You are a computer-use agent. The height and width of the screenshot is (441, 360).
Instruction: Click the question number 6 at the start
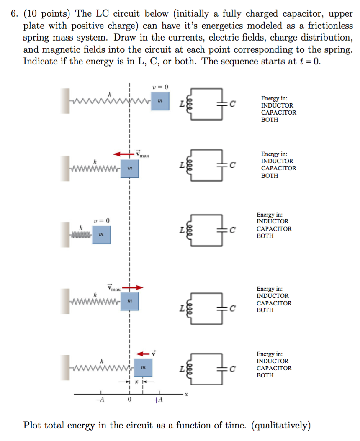(x=14, y=14)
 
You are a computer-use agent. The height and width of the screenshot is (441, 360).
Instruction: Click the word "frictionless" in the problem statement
(x=330, y=26)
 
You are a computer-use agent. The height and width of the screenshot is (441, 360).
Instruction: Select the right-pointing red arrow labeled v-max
(x=133, y=287)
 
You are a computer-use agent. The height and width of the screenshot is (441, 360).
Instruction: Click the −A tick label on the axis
(x=100, y=400)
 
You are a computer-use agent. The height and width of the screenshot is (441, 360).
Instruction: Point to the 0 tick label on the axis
(x=129, y=400)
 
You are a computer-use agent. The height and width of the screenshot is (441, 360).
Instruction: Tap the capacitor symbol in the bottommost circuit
(x=221, y=369)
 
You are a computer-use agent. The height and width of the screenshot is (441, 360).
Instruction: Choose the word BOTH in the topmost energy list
(x=270, y=120)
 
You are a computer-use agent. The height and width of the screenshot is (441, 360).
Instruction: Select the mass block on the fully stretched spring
(x=159, y=101)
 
